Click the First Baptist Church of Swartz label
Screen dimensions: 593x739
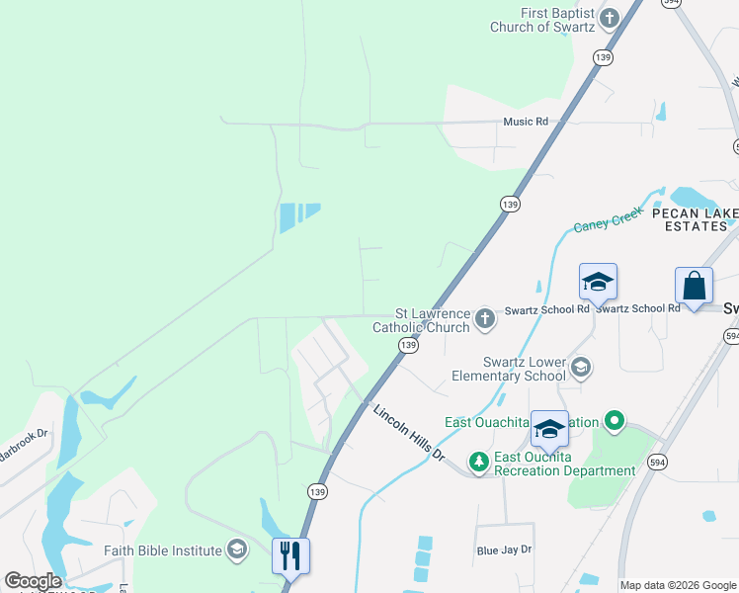pos(542,20)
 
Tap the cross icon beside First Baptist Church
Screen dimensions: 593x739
pos(610,17)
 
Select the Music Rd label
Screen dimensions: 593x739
pos(525,122)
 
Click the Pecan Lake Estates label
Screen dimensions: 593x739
pos(689,219)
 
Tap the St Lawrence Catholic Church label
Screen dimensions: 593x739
pos(421,320)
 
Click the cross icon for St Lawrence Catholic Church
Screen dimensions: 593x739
pos(484,318)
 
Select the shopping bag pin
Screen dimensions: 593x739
pos(695,286)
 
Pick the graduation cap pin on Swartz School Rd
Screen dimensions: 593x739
pos(598,284)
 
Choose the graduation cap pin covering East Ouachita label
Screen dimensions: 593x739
pos(549,429)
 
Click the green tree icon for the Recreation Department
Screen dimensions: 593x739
pos(479,462)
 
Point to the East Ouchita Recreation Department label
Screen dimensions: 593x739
pos(564,464)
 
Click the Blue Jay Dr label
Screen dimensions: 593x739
pos(504,550)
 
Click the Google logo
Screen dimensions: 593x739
pos(33,581)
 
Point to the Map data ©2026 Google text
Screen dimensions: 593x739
pos(677,585)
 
